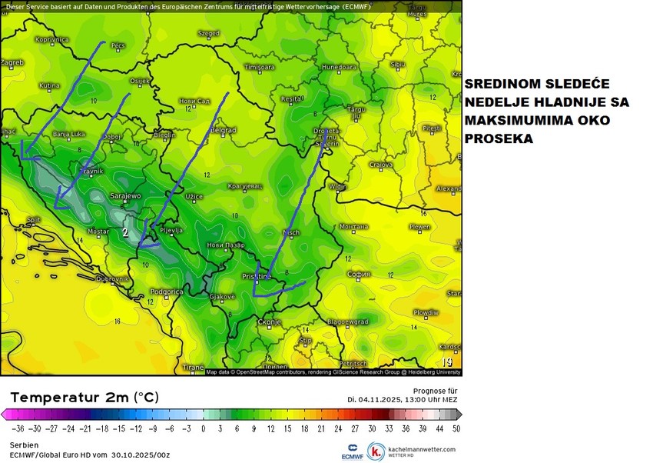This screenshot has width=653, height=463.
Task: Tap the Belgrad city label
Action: click(x=223, y=131)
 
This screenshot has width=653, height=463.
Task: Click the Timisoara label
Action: click(x=259, y=68)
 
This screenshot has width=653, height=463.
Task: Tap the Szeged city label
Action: click(x=208, y=34)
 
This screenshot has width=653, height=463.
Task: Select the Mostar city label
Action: click(x=98, y=231)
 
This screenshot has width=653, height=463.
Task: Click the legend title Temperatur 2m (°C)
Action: click(x=84, y=397)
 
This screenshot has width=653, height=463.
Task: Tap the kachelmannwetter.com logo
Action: click(x=412, y=451)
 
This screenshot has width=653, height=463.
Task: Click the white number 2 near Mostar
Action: click(x=125, y=231)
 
